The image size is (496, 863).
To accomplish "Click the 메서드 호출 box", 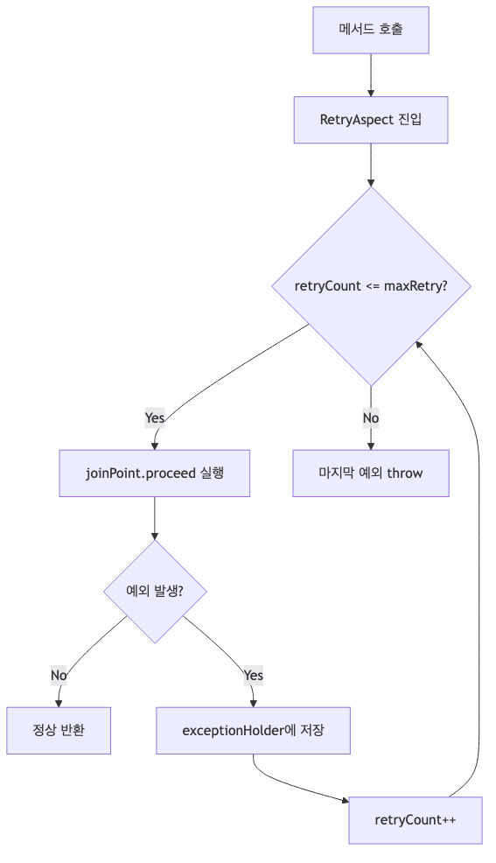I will click(x=371, y=30).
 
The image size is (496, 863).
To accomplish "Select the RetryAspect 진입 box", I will click(x=371, y=119).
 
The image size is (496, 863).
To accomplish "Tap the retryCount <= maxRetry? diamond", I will click(x=371, y=286).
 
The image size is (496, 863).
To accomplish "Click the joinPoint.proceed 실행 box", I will click(x=155, y=474).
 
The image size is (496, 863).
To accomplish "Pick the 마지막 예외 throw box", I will click(x=371, y=474).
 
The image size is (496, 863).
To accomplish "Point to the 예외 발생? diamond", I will click(x=155, y=591).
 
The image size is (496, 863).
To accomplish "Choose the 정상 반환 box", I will click(x=59, y=730).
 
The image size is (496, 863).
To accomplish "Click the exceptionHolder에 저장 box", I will click(x=253, y=730).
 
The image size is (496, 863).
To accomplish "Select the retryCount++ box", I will click(x=415, y=820).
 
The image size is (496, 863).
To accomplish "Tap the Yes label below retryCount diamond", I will click(x=155, y=418).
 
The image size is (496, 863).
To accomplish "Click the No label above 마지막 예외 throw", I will click(x=371, y=418).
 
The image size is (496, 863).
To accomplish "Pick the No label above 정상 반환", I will click(x=59, y=675).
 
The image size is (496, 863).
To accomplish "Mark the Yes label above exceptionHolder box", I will click(x=253, y=675).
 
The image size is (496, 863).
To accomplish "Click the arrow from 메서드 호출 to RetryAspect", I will click(x=371, y=74).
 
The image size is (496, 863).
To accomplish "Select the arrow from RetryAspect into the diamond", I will click(x=371, y=165).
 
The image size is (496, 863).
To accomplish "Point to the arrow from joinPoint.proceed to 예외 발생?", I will click(x=155, y=518).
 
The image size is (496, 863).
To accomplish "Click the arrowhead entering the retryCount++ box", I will click(x=344, y=798).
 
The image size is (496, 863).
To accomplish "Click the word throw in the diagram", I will click(x=405, y=474).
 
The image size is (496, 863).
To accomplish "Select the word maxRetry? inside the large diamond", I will click(x=416, y=286).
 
